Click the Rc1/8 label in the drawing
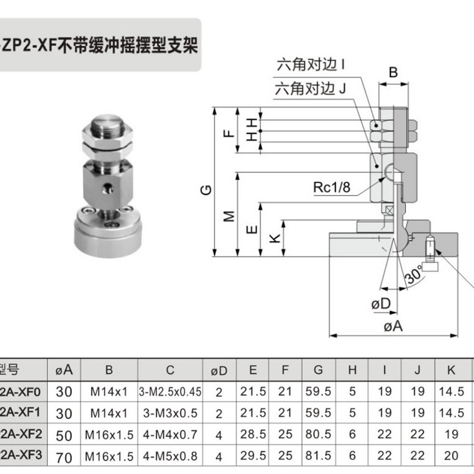[x=332, y=188]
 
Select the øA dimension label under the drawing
[x=393, y=327]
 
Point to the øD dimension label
[x=382, y=304]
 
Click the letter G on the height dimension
[x=205, y=191]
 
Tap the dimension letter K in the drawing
[x=274, y=239]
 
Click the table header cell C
[x=170, y=370]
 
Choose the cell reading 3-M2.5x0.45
[x=170, y=391]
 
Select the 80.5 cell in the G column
[x=318, y=434]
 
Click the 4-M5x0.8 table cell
[x=170, y=456]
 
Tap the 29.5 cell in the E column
[x=253, y=456]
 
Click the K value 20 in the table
[x=451, y=456]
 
